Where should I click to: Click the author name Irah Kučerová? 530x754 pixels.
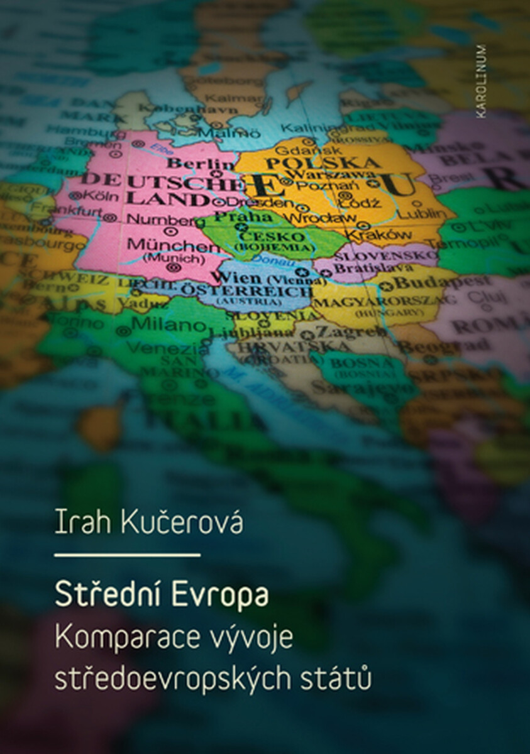click(x=148, y=523)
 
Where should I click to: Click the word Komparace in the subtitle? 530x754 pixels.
click(x=123, y=637)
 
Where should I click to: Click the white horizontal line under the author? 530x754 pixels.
click(x=128, y=555)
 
